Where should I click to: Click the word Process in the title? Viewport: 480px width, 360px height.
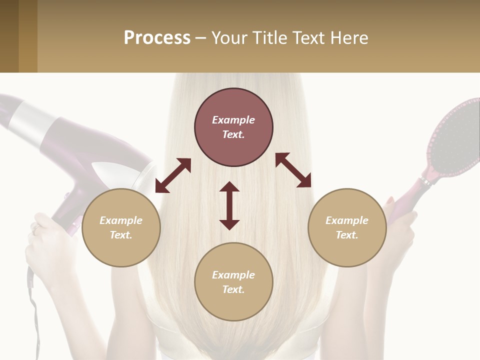click(157, 37)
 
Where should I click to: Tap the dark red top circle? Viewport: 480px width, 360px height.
click(233, 127)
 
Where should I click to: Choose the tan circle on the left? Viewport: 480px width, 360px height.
click(121, 227)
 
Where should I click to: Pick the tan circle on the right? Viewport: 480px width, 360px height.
click(347, 227)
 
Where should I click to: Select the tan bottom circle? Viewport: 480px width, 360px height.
click(233, 282)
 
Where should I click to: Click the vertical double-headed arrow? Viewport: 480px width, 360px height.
click(229, 205)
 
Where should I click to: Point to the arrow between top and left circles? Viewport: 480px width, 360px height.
click(173, 175)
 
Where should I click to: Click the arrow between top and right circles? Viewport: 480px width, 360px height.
click(293, 170)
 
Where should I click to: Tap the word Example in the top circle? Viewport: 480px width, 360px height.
click(233, 120)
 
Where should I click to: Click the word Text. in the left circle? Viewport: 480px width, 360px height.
click(121, 235)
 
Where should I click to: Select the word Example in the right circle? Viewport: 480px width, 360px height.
click(347, 220)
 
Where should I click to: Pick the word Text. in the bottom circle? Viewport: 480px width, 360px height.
click(233, 289)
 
